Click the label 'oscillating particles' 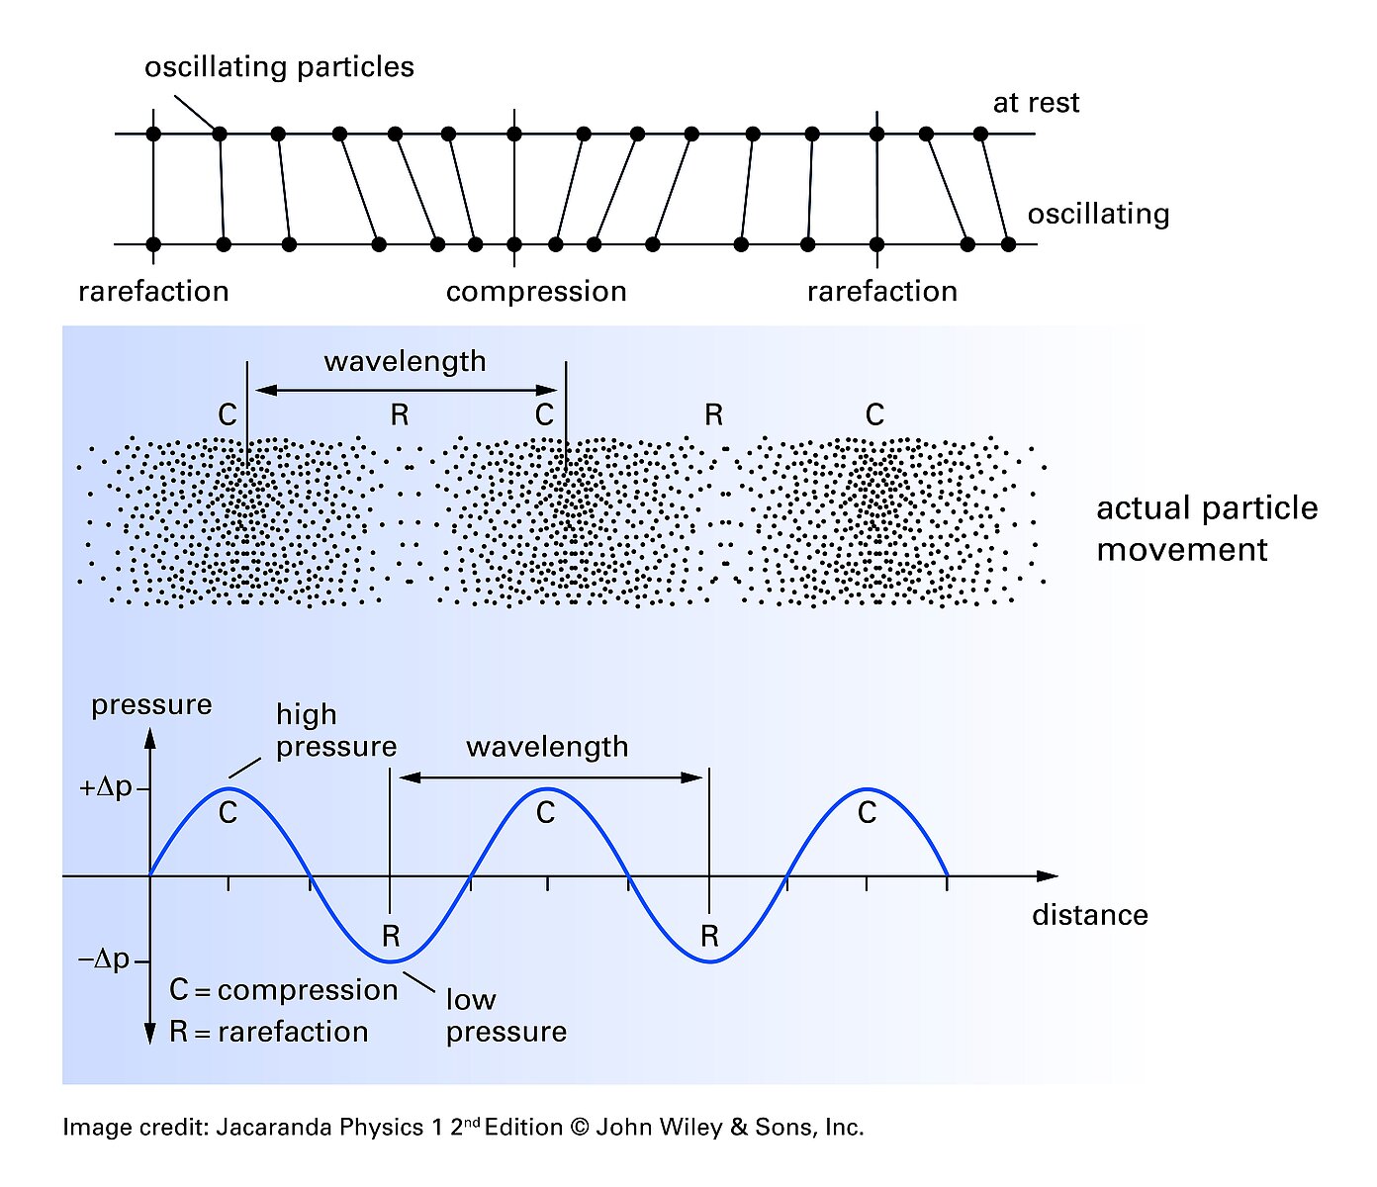pyautogui.click(x=279, y=67)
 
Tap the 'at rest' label pyautogui.click(x=1036, y=103)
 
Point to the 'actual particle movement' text pyautogui.click(x=1207, y=528)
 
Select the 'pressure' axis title pyautogui.click(x=151, y=704)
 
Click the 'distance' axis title pyautogui.click(x=1089, y=915)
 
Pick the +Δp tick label pyautogui.click(x=106, y=788)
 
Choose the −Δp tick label pyautogui.click(x=105, y=959)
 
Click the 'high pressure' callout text pyautogui.click(x=335, y=730)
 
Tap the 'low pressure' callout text pyautogui.click(x=505, y=1015)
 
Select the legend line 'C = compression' pyautogui.click(x=283, y=990)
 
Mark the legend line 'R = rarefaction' pyautogui.click(x=268, y=1032)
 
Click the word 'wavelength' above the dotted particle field pyautogui.click(x=405, y=361)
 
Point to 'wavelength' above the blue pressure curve pyautogui.click(x=547, y=746)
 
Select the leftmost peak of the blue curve pyautogui.click(x=229, y=789)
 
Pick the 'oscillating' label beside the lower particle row pyautogui.click(x=1098, y=214)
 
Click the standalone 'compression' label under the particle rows pyautogui.click(x=536, y=292)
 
